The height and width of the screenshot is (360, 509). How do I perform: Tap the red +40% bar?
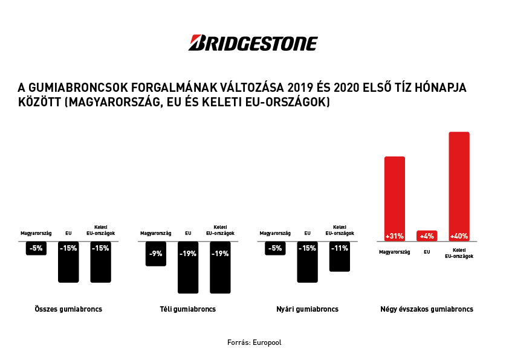point(459,184)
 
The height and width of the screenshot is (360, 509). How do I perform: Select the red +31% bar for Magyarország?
point(395,196)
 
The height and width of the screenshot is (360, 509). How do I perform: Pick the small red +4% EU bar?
point(427,236)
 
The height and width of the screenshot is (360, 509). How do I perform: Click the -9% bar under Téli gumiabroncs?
point(156,254)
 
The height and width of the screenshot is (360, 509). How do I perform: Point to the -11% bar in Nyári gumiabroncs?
point(340,256)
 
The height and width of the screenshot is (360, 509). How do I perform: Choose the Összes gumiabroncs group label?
point(68,309)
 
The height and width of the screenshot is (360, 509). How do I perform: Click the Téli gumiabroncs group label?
point(188,309)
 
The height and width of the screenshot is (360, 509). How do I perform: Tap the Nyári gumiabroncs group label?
point(307,309)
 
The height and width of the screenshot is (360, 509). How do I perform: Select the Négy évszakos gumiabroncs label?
point(427,309)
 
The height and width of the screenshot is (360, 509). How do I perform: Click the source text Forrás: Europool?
point(254,342)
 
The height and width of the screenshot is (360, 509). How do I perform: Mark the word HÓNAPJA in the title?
point(441,88)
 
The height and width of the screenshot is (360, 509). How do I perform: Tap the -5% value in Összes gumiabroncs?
point(36,248)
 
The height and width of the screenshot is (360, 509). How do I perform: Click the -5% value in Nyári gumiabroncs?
point(275,248)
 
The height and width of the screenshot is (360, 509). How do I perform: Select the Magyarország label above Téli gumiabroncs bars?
point(156,233)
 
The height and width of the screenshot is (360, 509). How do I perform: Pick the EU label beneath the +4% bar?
point(427,252)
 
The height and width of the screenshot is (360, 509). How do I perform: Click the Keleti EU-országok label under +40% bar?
point(459,253)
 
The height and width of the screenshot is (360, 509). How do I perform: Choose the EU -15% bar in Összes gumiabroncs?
point(68,262)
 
